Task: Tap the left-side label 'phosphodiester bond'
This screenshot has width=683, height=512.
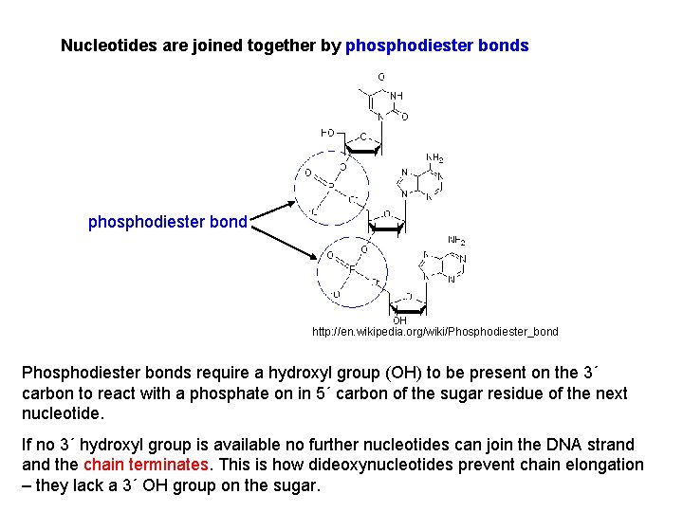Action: coord(167,222)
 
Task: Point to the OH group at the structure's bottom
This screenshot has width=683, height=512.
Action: coord(398,320)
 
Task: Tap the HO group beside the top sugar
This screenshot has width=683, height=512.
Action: coord(327,132)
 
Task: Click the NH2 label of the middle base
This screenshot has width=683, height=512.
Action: coord(434,158)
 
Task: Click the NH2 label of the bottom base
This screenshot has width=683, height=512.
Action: coord(456,240)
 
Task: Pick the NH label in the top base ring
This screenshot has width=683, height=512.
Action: coord(396,96)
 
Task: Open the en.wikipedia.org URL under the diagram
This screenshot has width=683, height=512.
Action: coord(435,332)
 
